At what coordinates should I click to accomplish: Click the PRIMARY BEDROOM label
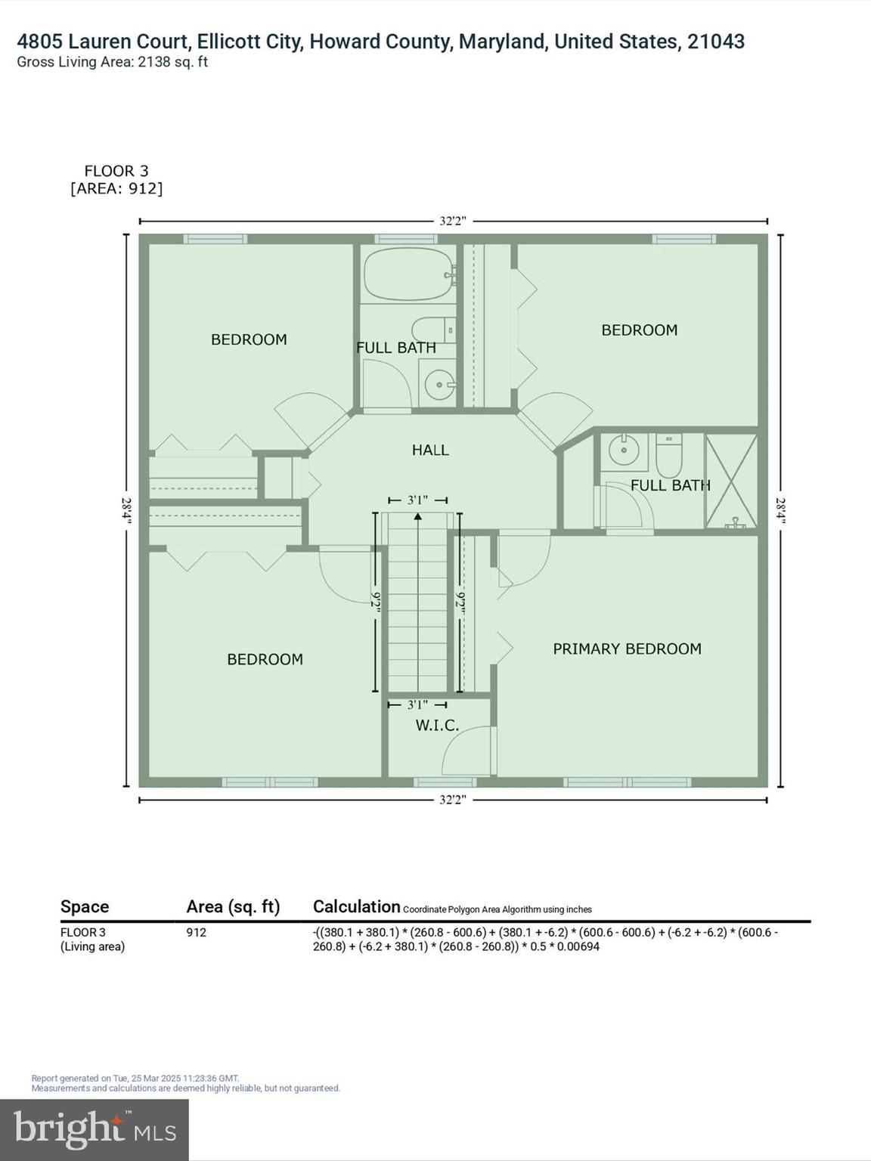coord(627,649)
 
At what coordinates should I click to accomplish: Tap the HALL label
coord(430,450)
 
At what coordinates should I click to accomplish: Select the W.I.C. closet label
coord(437,726)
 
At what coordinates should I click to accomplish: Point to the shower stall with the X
coord(731,481)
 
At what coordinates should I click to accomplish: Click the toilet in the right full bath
coord(669,454)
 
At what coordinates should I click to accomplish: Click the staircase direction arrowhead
coord(418,517)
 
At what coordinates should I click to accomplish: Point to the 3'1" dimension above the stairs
coord(418,500)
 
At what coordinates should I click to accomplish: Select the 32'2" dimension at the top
coord(453,221)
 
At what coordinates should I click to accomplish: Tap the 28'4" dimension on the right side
coord(781,511)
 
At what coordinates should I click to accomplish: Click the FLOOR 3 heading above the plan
coord(116,172)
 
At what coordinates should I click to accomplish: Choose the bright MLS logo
coord(95,1130)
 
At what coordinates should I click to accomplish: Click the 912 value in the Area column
coord(197,932)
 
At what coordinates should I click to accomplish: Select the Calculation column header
coord(356,906)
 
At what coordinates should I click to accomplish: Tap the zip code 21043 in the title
coord(716,42)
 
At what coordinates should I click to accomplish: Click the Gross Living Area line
coord(113,62)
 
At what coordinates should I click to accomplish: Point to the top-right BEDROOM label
coord(639,330)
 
